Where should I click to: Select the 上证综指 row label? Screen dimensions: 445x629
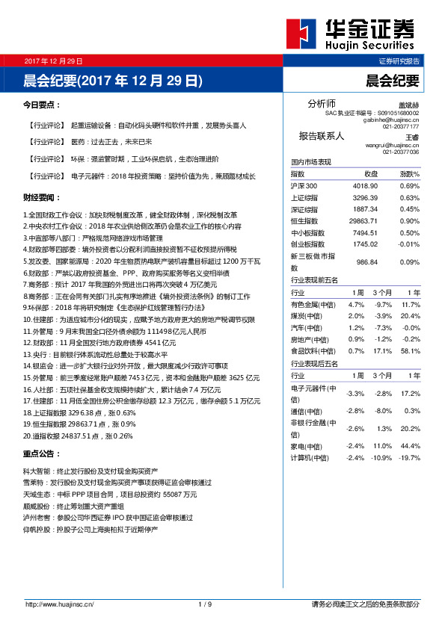coord(304,197)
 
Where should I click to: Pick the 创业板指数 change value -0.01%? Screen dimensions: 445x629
coord(409,244)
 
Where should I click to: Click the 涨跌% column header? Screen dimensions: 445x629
coord(409,173)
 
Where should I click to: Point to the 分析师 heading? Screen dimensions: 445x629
coord(322,103)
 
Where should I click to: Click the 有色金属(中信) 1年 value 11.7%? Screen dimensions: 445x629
coord(411,305)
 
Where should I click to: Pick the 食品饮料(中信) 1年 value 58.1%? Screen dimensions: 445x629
coord(411,350)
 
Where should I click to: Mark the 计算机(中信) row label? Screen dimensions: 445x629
coord(310,457)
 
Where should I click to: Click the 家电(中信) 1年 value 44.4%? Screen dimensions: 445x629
coord(411,445)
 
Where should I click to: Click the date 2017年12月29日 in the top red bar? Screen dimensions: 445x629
coord(53,60)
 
